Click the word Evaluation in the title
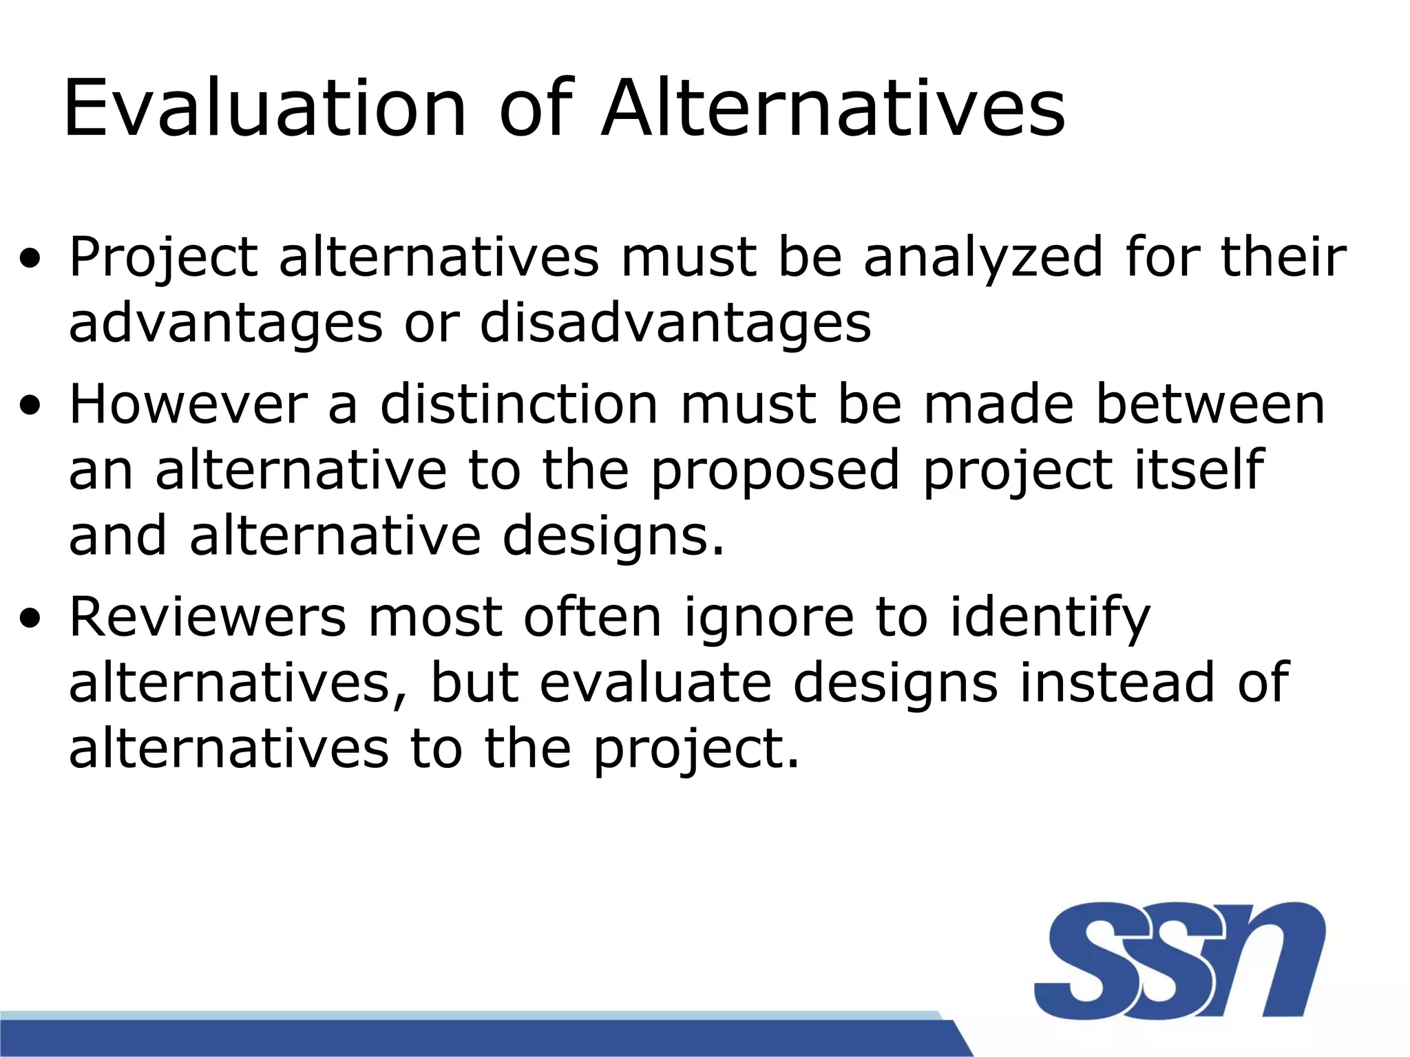point(265,109)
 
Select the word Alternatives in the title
point(833,109)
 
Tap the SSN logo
point(1179,960)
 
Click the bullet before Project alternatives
point(30,260)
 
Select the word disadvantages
point(675,323)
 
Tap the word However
point(188,405)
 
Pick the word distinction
point(519,405)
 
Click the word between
point(1210,405)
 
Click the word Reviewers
point(207,617)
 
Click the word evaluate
point(655,683)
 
